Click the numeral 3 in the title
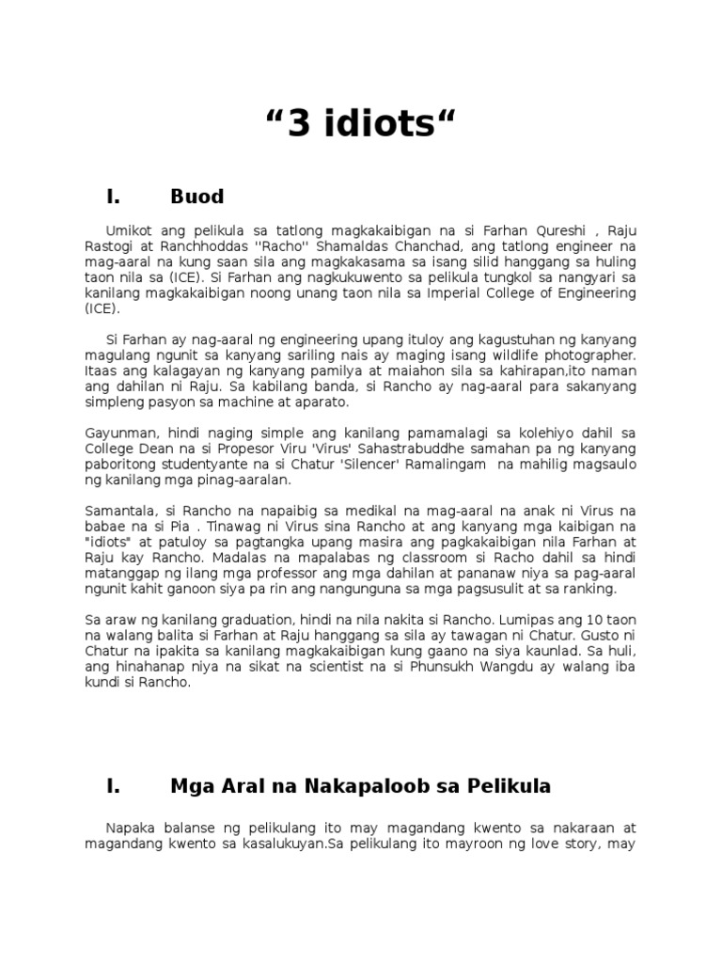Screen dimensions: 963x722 298,124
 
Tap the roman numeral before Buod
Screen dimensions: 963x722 114,197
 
